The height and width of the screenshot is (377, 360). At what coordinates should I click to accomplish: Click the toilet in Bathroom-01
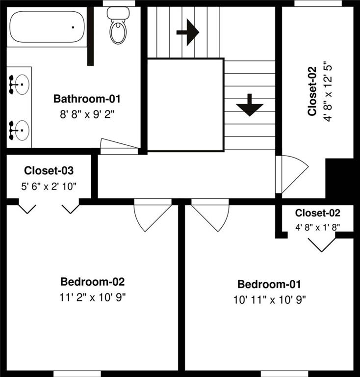pos(118,25)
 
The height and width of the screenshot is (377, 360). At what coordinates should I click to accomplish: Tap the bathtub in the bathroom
pos(47,27)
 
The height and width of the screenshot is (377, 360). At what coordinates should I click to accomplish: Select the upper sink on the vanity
pos(19,84)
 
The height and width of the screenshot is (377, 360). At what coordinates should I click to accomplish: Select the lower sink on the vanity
pos(19,130)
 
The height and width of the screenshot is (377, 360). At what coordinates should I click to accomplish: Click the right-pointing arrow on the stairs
pos(188,32)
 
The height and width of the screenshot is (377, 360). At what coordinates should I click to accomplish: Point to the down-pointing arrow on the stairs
pos(250,105)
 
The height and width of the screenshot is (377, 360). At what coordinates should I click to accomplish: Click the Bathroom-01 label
pos(87,99)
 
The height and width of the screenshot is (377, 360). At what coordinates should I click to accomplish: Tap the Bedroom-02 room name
pos(93,282)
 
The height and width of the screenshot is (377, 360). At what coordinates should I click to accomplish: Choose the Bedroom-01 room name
pos(269,284)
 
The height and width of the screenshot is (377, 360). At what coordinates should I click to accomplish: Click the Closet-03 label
pos(49,170)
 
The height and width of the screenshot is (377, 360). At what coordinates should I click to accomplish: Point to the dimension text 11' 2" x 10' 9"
pos(93,297)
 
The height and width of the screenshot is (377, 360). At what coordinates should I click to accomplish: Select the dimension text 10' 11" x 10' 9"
pos(269,300)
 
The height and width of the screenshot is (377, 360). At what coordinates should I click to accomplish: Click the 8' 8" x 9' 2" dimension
pos(87,115)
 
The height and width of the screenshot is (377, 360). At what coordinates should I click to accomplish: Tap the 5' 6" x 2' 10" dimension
pos(49,187)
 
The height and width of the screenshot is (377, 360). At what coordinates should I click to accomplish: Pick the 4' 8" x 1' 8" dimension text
pos(317,227)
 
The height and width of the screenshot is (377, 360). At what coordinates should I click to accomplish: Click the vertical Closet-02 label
pos(312,91)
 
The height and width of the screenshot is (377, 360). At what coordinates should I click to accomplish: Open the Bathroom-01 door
pos(119,146)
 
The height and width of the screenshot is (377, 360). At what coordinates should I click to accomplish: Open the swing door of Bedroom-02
pos(153,215)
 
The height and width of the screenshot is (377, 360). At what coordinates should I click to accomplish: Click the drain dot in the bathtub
pos(73,27)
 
